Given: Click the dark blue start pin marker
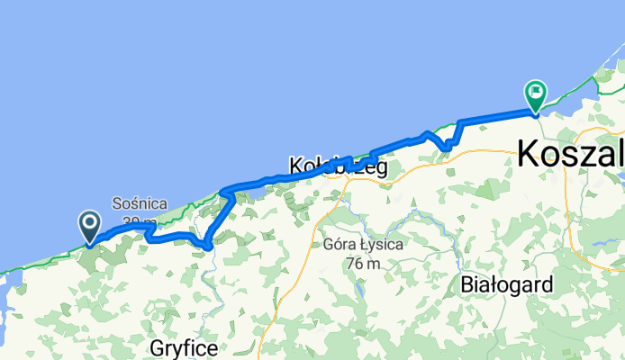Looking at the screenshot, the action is click(90, 225).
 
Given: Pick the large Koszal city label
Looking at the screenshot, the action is click(570, 153).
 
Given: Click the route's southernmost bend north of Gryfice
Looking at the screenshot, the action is click(208, 245).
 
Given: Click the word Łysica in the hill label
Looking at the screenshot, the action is click(378, 245).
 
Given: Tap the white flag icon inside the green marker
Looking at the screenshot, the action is click(537, 90).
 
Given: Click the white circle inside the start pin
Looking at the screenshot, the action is click(90, 221).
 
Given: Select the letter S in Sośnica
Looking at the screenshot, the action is click(118, 203).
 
